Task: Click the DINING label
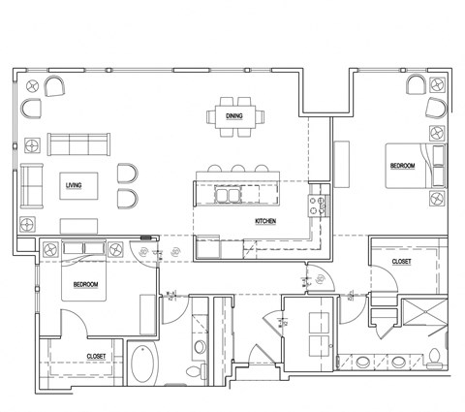[233, 115]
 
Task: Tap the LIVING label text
[73, 184]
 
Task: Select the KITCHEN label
[266, 222]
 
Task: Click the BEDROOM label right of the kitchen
[402, 166]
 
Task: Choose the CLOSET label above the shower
[400, 262]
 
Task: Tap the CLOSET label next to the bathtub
[96, 357]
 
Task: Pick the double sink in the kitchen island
[229, 195]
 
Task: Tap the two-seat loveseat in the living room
[31, 184]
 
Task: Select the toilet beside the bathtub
[193, 372]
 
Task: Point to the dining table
[234, 115]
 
